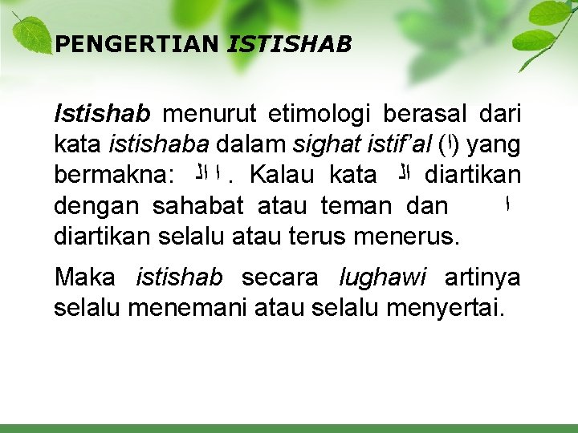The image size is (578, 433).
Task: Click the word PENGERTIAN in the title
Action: pos(136,44)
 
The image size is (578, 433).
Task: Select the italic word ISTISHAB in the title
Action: pos(290,44)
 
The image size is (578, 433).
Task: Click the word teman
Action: pos(356,206)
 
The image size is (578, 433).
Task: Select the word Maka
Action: pos(84,277)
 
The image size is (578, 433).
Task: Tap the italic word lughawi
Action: pos(383,277)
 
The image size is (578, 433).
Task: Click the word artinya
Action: pos(482,277)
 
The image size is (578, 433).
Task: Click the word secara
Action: pos(280,277)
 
